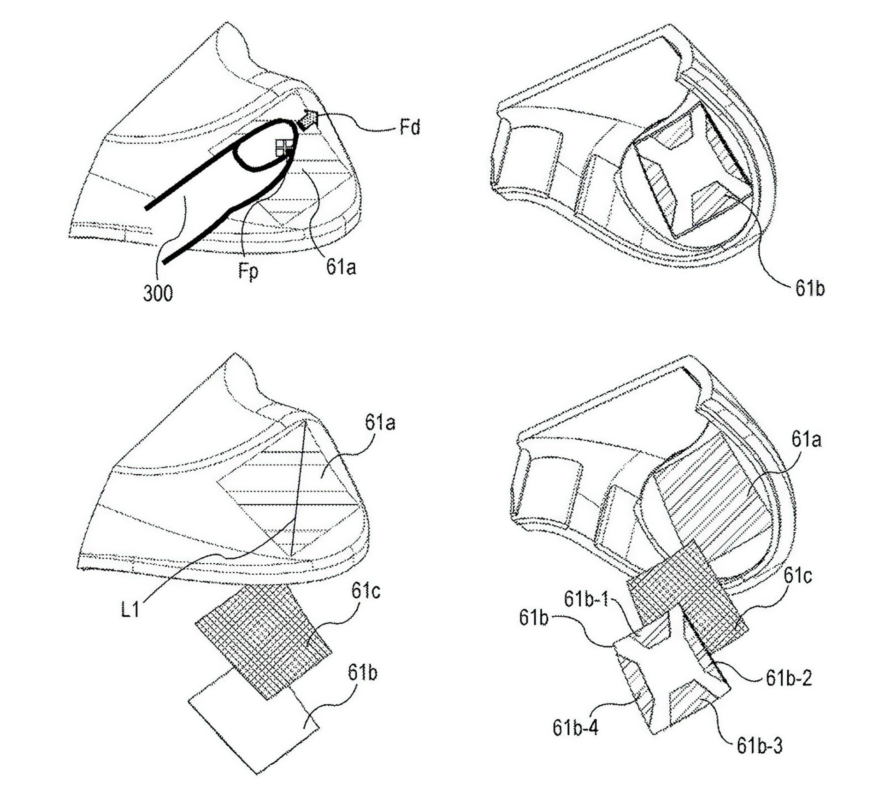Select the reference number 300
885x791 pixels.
pos(158,293)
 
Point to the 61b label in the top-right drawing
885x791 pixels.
pos(810,288)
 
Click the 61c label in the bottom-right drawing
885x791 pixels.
pos(798,576)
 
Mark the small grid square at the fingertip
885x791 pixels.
pos(282,148)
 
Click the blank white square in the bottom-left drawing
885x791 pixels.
pos(254,726)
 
